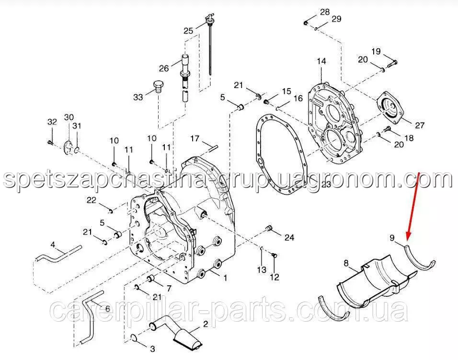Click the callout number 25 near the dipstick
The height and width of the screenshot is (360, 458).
coord(188,30)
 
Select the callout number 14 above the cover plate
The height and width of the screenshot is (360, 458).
coord(321,61)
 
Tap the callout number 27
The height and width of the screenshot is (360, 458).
coord(420,125)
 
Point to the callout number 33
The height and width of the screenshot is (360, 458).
coord(138,97)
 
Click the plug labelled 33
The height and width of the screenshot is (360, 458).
coord(158,86)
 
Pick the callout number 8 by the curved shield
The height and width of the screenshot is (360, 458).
coord(346,263)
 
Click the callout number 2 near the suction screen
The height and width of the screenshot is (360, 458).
coord(206,324)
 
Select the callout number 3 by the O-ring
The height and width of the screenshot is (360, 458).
coord(152,349)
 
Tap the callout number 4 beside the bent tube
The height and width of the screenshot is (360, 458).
coord(53,244)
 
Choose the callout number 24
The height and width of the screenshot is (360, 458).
coord(289,237)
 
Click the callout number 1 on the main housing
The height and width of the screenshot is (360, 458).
coord(225,278)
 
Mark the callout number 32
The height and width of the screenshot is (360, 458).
coord(52,122)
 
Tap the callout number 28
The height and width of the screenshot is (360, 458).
coord(325,12)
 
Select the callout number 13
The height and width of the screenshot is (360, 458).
coord(262,270)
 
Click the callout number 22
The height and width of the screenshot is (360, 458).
coord(92,200)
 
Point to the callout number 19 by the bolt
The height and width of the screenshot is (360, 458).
coord(376,51)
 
